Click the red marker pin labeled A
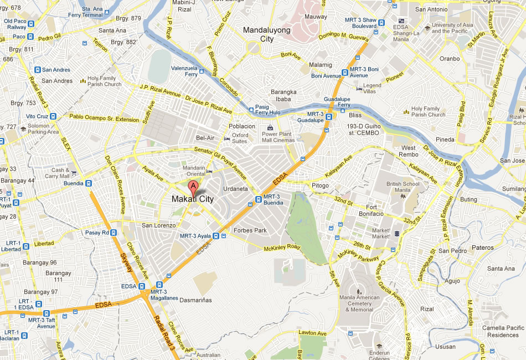193,187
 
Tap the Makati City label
192,199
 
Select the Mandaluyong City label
267,34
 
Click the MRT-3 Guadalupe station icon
329,117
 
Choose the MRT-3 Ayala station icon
223,236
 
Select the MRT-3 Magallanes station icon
159,284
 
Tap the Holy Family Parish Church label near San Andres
104,81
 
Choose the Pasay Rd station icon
113,233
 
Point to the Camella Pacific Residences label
503,331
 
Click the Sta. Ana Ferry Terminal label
100,12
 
